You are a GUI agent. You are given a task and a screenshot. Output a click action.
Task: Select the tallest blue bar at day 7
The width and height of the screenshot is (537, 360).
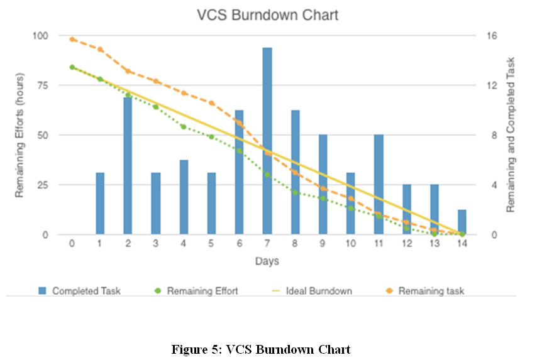tap(267, 141)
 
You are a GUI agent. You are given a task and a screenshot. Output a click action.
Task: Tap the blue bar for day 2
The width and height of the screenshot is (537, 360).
tap(128, 166)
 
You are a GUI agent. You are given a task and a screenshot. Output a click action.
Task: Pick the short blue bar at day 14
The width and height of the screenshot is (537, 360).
tap(462, 222)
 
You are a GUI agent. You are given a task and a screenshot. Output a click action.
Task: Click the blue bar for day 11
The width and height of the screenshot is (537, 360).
tap(379, 185)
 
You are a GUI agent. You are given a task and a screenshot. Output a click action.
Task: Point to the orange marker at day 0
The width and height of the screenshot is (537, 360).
tap(72, 39)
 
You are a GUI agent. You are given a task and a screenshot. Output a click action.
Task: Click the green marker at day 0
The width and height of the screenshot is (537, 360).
tap(72, 67)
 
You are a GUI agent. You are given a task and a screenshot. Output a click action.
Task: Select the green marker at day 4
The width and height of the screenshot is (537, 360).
tap(184, 127)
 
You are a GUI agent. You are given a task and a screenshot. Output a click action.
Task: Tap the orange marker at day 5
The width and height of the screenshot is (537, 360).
tap(212, 103)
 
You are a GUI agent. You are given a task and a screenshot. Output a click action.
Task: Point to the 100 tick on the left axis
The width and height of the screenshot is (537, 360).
tap(39, 36)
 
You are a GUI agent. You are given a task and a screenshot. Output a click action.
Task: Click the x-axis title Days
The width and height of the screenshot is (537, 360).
tap(267, 260)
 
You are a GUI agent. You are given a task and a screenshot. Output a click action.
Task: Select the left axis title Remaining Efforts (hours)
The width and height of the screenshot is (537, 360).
tap(20, 135)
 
